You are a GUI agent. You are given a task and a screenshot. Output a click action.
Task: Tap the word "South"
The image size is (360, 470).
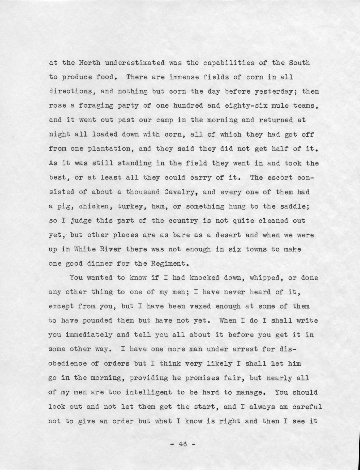pyautogui.click(x=299, y=63)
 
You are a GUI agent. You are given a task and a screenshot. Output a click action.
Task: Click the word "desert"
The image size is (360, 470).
pyautogui.click(x=229, y=235)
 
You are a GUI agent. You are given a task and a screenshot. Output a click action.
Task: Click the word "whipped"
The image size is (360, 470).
pyautogui.click(x=264, y=278)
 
